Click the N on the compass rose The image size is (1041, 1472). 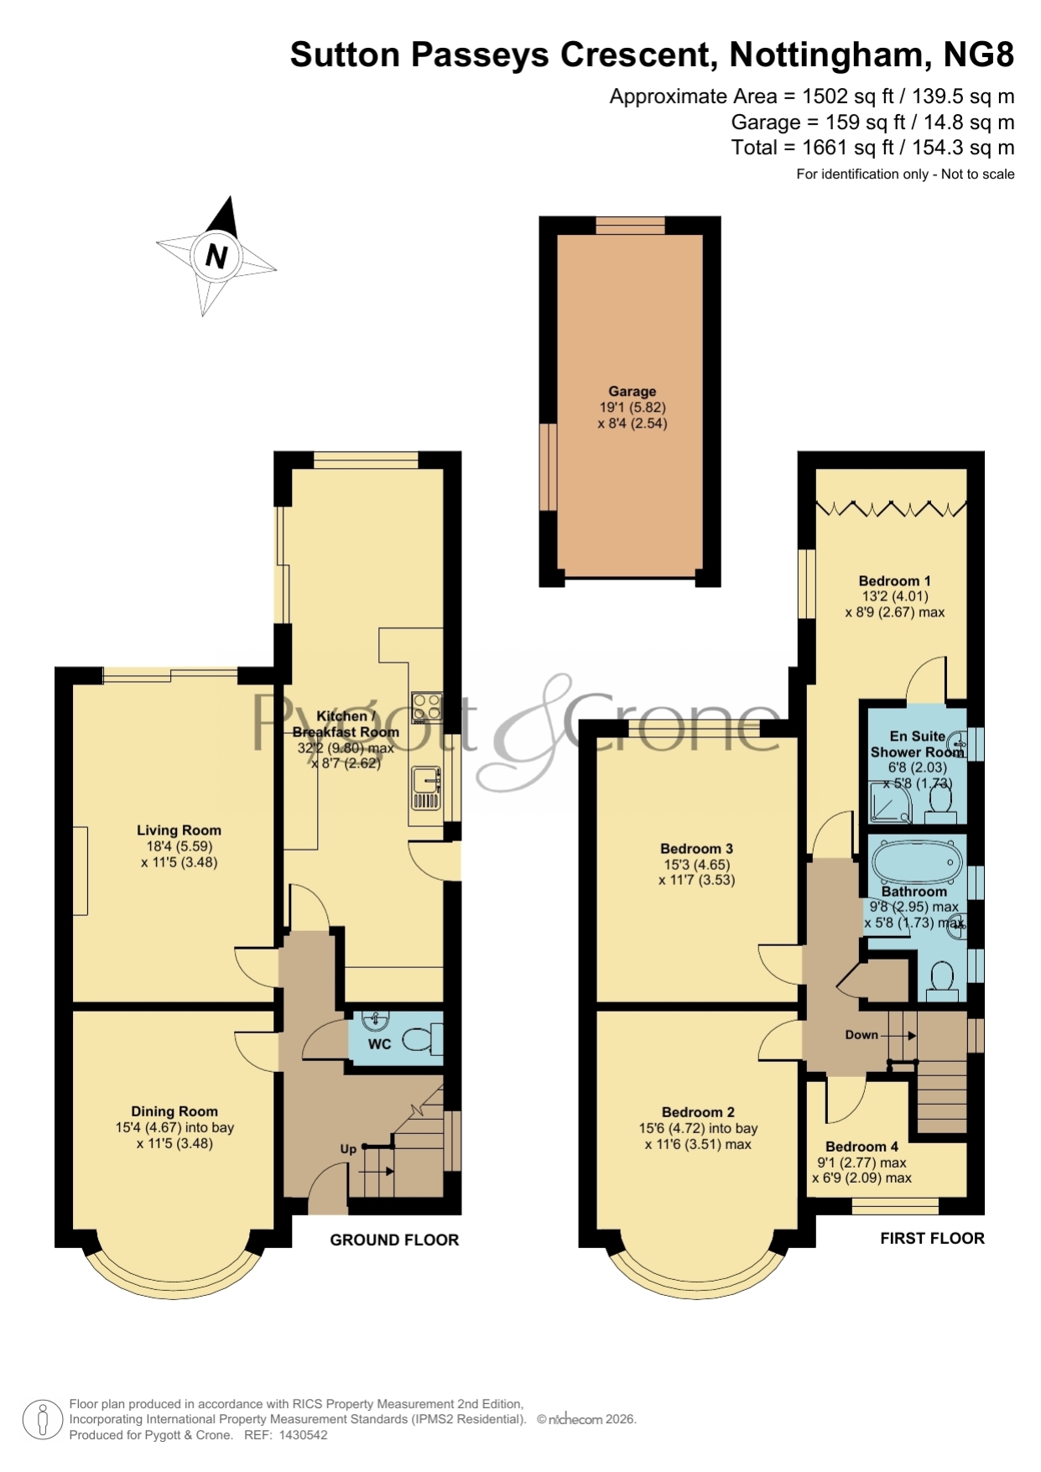tap(216, 255)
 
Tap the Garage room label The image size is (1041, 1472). tap(632, 391)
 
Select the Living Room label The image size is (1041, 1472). tap(179, 830)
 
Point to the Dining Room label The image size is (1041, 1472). tap(174, 1111)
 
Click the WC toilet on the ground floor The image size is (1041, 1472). tap(420, 1040)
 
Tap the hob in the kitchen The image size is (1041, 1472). tap(426, 706)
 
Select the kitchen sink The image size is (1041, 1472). tap(425, 788)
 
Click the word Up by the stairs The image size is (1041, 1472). tap(348, 1149)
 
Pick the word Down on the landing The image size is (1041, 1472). tap(861, 1035)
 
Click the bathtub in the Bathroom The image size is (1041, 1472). tap(916, 861)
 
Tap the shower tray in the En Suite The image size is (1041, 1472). tap(888, 802)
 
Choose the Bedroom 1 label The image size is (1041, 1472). tap(894, 580)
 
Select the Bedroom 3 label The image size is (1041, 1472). tap(696, 849)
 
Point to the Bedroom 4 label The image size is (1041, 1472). tap(861, 1147)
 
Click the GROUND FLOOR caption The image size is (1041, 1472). tap(394, 1240)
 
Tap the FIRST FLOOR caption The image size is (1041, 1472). tap(932, 1238)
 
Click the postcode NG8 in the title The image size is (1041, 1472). tap(979, 55)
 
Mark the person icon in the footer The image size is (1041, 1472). tap(42, 1421)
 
